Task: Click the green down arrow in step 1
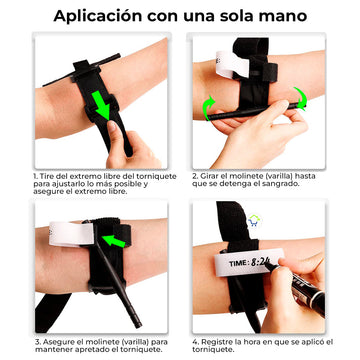pos(101,105)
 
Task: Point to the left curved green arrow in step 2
pos(208,107)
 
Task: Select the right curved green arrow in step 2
pos(300,99)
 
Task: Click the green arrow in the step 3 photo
pos(114,241)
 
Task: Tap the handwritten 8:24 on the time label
pos(261,262)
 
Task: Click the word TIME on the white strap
pos(239,264)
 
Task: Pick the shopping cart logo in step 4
pos(254,221)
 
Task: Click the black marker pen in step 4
pos(297,287)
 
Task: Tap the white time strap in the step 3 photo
pos(71,234)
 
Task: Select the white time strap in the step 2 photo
pos(232,63)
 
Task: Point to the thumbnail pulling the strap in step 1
pos(112,126)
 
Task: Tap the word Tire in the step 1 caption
pos(47,176)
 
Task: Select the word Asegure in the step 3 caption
pos(56,342)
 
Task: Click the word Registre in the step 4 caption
pos(215,342)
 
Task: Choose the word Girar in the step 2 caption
pos(209,176)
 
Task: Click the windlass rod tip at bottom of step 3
pos(138,324)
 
